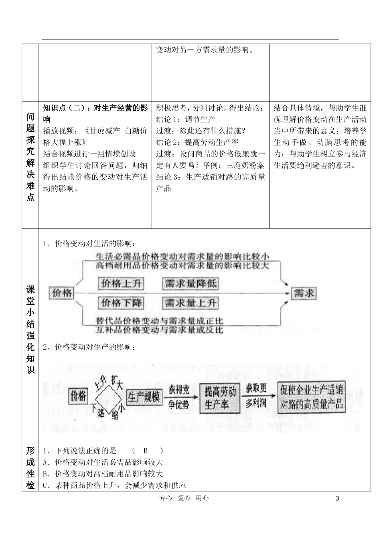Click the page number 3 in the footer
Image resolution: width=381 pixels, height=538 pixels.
[337, 498]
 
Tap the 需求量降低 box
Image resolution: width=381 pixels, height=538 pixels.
[190, 283]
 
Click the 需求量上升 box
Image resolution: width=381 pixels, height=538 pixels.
[190, 303]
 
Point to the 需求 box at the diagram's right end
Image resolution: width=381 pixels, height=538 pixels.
[304, 293]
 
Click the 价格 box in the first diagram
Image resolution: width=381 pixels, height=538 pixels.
[62, 293]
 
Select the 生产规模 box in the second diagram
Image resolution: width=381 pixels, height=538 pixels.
[144, 396]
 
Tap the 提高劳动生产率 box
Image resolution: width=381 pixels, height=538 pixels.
[220, 398]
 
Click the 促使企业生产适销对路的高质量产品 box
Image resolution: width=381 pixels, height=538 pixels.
[311, 397]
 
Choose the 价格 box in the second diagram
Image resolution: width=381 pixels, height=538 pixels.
[78, 396]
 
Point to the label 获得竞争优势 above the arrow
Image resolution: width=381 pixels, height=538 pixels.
[179, 396]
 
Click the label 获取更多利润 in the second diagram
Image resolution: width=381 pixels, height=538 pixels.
[256, 395]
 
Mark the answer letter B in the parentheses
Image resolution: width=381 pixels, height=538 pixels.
[146, 451]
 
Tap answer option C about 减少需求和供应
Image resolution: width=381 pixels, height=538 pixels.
[114, 485]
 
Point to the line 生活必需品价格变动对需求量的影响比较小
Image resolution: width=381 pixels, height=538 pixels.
[182, 256]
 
